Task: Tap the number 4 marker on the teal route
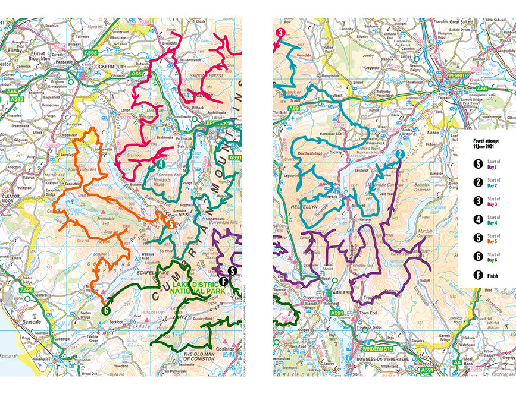pyautogui.click(x=160, y=163)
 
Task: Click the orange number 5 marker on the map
pyautogui.click(x=170, y=224)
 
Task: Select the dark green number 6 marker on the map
pyautogui.click(x=106, y=310)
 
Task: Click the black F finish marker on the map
pyautogui.click(x=223, y=282)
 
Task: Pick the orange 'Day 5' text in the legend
pyautogui.click(x=493, y=241)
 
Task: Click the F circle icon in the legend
pyautogui.click(x=477, y=276)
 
